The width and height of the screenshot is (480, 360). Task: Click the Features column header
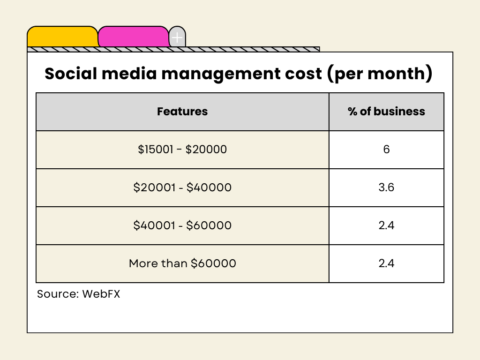(182, 112)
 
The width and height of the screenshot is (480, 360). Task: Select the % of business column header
(386, 112)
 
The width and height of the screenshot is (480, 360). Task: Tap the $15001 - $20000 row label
(182, 150)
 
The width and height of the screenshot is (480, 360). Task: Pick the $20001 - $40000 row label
(182, 187)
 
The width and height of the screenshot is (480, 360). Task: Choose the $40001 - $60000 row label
(182, 225)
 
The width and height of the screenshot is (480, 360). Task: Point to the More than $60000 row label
(182, 263)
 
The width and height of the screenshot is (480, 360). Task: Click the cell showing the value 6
(386, 150)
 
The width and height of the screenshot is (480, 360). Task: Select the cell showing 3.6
(386, 187)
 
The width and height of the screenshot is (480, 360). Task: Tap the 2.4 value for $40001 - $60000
(386, 225)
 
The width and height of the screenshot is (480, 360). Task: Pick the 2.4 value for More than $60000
(386, 263)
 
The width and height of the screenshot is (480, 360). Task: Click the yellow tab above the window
(62, 37)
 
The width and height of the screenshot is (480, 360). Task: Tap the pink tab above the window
(133, 37)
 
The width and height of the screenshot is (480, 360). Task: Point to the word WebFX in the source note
(101, 294)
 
